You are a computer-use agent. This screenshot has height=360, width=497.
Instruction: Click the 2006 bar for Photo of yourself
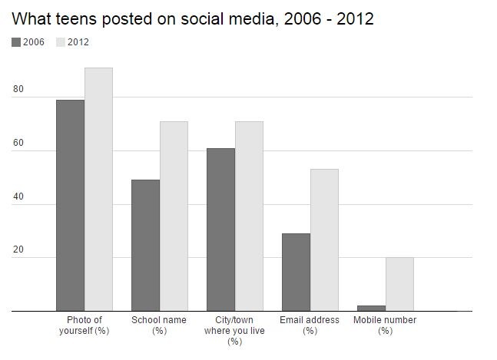pyautogui.click(x=71, y=206)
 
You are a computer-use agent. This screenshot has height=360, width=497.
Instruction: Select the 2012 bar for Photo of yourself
pyautogui.click(x=98, y=190)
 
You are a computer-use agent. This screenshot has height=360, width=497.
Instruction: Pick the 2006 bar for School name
pyautogui.click(x=145, y=246)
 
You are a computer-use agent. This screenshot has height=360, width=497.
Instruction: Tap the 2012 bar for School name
pyautogui.click(x=174, y=216)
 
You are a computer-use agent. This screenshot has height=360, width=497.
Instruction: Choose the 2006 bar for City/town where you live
pyautogui.click(x=221, y=230)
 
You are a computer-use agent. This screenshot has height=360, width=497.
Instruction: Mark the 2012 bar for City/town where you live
pyautogui.click(x=249, y=216)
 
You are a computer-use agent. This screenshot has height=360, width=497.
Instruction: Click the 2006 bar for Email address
pyautogui.click(x=296, y=272)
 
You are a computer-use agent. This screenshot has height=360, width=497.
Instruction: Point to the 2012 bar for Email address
pyautogui.click(x=324, y=240)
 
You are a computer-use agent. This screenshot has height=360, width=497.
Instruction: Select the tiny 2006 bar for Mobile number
pyautogui.click(x=372, y=309)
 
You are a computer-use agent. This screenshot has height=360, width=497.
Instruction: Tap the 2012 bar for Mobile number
pyautogui.click(x=399, y=284)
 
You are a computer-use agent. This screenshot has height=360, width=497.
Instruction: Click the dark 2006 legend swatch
pyautogui.click(x=16, y=42)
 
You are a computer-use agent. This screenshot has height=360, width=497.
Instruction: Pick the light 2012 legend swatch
pyautogui.click(x=61, y=42)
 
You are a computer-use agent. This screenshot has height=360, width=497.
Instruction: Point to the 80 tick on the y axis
pyautogui.click(x=18, y=89)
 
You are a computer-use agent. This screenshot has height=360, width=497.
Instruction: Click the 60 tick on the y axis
pyautogui.click(x=18, y=143)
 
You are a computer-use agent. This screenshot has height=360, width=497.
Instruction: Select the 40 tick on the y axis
pyautogui.click(x=18, y=197)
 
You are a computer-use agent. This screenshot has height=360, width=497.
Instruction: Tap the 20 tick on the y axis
pyautogui.click(x=18, y=249)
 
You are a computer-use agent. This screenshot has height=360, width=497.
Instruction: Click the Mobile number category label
pyautogui.click(x=385, y=325)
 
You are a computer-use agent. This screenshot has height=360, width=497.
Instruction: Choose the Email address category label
pyautogui.click(x=310, y=325)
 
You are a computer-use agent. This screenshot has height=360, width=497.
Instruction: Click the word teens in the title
pyautogui.click(x=76, y=19)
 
